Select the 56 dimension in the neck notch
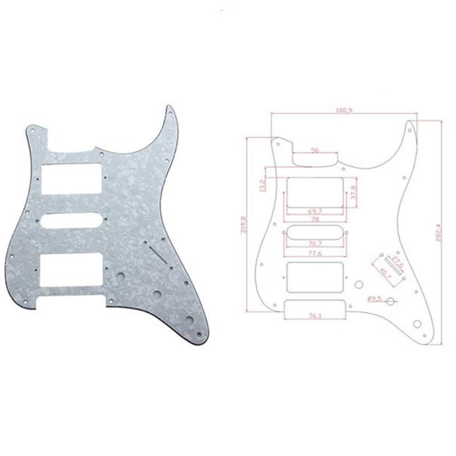coord(315,151)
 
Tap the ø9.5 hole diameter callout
coord(374,297)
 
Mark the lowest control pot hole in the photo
coord(189,319)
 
